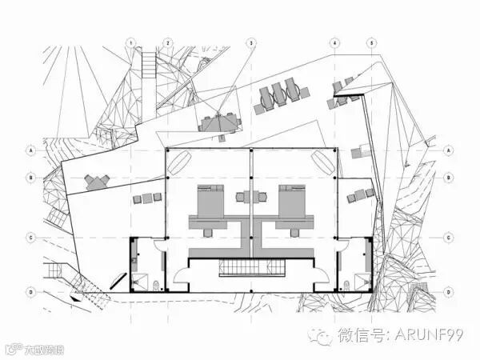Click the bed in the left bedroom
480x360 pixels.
point(210,198)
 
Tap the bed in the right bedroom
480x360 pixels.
point(292,198)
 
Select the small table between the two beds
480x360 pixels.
point(251,197)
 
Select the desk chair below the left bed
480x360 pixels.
point(210,231)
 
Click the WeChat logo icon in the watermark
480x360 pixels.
point(324,336)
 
